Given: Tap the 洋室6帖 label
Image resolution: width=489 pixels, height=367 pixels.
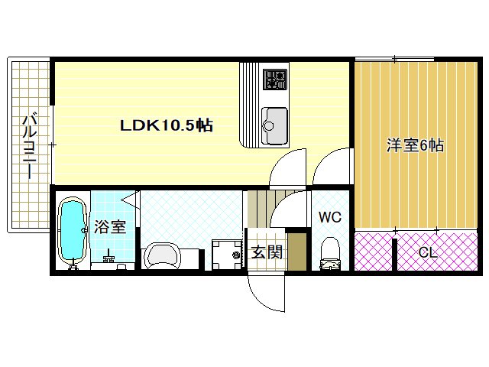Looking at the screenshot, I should click(x=415, y=145).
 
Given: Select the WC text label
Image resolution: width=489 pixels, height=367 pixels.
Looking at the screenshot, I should click(x=329, y=217).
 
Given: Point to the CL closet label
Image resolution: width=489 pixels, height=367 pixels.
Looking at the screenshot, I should click(x=428, y=252).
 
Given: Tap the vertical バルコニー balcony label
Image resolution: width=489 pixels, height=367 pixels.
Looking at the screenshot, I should click(x=29, y=145).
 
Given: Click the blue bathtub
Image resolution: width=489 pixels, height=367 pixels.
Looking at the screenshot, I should click(x=73, y=231).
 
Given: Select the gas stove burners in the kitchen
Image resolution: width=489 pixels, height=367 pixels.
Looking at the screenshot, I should click(x=275, y=79).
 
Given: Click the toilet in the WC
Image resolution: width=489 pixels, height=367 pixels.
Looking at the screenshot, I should click(x=330, y=252).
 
